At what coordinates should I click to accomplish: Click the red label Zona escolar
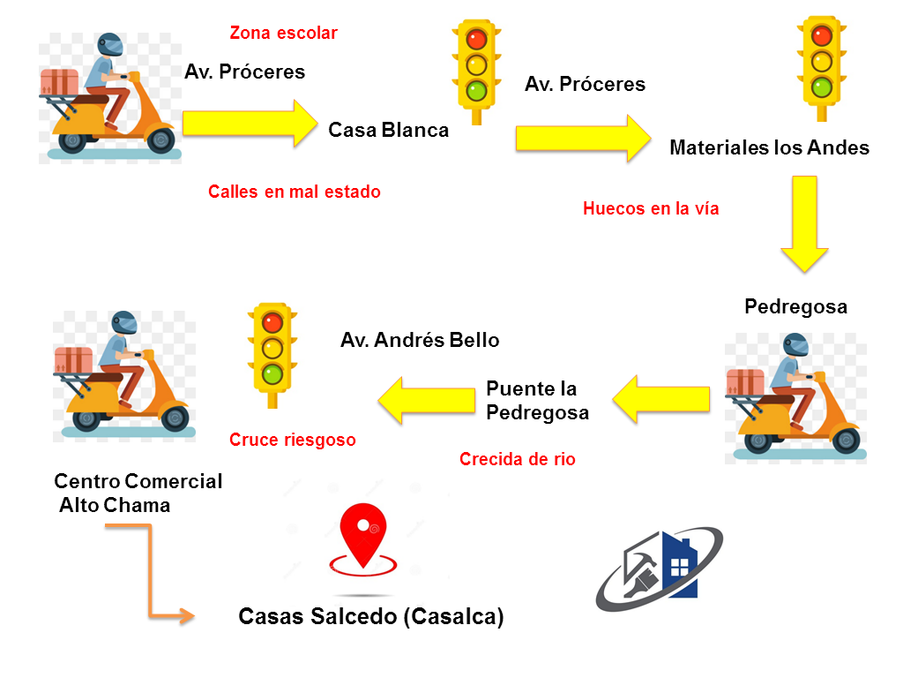point(283,34)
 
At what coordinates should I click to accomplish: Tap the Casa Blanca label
point(388,131)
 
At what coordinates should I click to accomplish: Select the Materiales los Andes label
point(769,147)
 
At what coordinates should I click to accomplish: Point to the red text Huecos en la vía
point(651,209)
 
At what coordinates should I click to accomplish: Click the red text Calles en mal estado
point(295,192)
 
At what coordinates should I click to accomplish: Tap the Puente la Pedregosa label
point(537,401)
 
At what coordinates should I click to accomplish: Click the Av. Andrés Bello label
point(420,340)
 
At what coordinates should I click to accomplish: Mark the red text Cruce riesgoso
point(293,440)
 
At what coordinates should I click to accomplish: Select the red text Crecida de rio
point(518,459)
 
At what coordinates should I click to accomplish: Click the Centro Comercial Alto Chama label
point(138,493)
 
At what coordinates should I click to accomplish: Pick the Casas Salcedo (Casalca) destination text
point(371,616)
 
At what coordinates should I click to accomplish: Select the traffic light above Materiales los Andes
point(821,66)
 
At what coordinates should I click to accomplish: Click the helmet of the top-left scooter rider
point(110,43)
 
